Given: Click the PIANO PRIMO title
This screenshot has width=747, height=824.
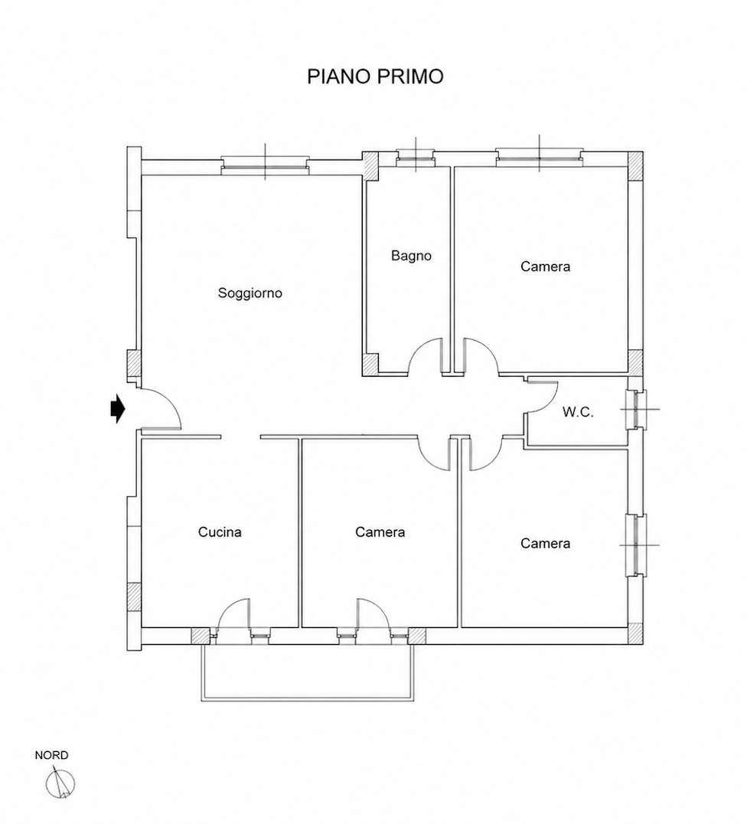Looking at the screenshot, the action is click(375, 77).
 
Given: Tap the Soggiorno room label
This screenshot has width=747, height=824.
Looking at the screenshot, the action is click(250, 293).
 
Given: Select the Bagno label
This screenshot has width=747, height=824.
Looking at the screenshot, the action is click(411, 256).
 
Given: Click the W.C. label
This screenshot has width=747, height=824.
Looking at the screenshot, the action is click(578, 412).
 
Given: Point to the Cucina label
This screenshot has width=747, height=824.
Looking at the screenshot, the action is click(220, 531).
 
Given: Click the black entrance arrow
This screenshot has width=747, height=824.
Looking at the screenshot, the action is click(118, 408).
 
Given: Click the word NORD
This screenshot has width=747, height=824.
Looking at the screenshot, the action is click(51, 755).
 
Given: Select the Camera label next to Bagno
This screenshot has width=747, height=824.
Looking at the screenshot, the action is click(545, 266).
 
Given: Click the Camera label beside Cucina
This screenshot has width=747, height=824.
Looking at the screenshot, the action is click(380, 531).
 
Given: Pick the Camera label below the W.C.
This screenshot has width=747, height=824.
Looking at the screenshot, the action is click(545, 543).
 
